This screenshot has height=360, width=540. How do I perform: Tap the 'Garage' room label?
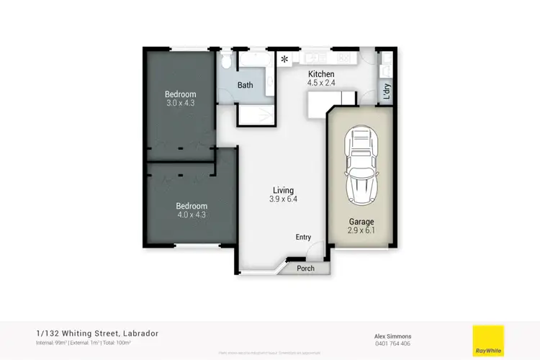pyautogui.click(x=361, y=222)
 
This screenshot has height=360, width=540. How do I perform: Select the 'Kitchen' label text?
pyautogui.click(x=321, y=74)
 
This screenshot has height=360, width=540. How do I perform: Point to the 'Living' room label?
pyautogui.click(x=283, y=190)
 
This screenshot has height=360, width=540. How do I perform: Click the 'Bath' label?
pyautogui.click(x=246, y=85)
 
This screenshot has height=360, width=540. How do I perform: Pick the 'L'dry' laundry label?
pyautogui.click(x=386, y=90)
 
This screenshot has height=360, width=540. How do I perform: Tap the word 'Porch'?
pyautogui.click(x=305, y=269)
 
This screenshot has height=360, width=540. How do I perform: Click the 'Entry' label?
pyautogui.click(x=303, y=237)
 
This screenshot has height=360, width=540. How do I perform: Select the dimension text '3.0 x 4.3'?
pyautogui.click(x=179, y=103)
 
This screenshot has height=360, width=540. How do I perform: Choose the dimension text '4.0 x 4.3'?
pyautogui.click(x=191, y=215)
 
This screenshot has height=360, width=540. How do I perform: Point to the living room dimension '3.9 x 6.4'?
pyautogui.click(x=283, y=199)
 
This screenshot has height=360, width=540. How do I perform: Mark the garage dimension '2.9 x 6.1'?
pyautogui.click(x=361, y=231)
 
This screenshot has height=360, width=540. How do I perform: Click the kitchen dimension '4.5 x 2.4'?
pyautogui.click(x=321, y=83)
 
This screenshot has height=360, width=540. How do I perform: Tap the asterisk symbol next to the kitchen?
pyautogui.click(x=284, y=59)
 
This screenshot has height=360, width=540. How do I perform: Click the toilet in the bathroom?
pyautogui.click(x=225, y=60)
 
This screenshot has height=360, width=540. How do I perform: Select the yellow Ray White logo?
pyautogui.click(x=487, y=341)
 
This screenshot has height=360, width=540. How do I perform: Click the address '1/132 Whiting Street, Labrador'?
pyautogui.click(x=97, y=333)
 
